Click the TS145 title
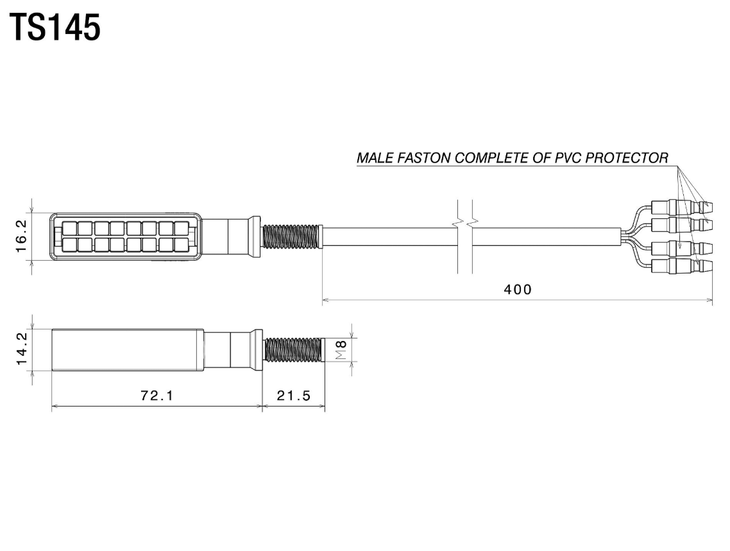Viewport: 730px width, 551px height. pos(55,28)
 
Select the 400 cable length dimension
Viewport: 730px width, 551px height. pos(517,290)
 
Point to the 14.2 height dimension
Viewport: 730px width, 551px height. pos(22,349)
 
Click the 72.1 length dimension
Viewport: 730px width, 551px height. pos(157,396)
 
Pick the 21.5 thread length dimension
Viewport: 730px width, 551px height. pos(293,396)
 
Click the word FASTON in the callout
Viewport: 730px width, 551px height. pos(429,157)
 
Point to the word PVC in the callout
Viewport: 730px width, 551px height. pos(560,157)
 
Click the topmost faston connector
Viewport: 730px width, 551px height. pos(680,207)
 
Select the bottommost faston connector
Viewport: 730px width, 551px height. pos(680,266)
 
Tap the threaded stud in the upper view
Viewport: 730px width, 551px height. pos(291,236)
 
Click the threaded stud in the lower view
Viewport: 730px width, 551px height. pos(292,349)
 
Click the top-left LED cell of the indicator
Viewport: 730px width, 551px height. pos(68,228)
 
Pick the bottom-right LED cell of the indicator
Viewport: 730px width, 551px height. pos(182,244)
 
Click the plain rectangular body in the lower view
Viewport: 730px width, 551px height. pos(128,349)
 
